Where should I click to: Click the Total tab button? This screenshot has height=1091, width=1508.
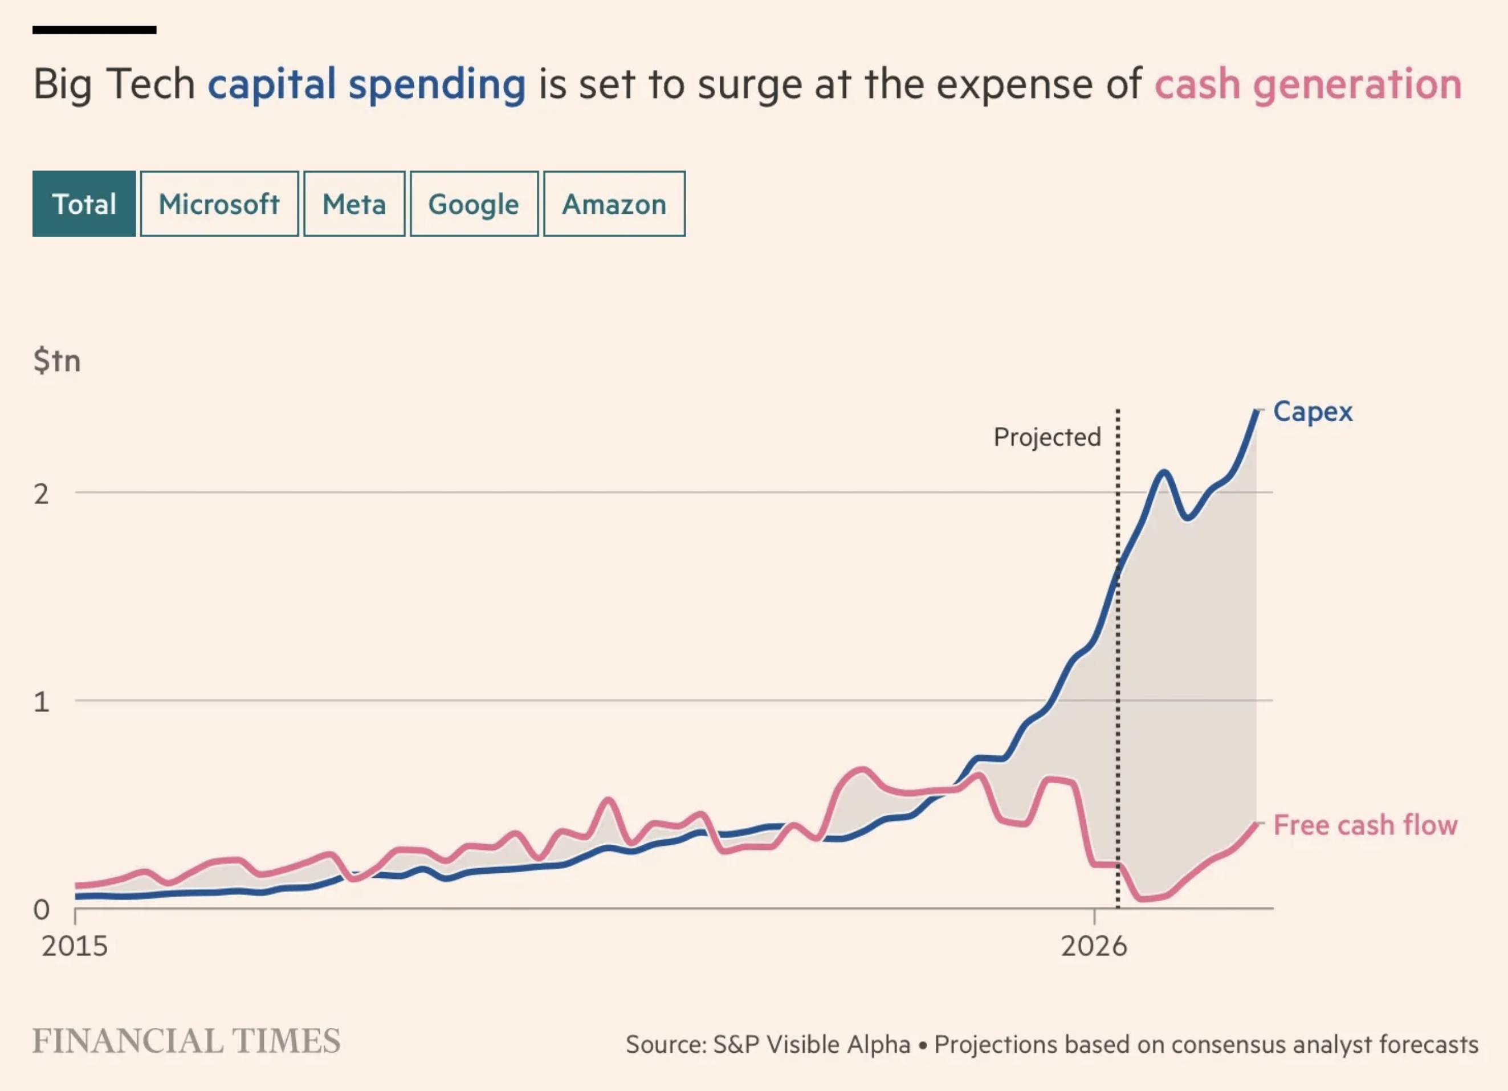click(84, 204)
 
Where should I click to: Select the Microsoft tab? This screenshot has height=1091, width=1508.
click(219, 204)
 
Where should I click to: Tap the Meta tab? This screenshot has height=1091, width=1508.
click(354, 204)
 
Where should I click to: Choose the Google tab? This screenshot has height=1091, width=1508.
click(474, 204)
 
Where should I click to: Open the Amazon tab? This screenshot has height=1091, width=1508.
click(614, 204)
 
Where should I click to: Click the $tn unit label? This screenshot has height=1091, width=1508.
click(57, 361)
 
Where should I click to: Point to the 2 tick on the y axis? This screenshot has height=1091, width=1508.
click(41, 494)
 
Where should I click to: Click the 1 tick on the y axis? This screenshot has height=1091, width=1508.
click(41, 702)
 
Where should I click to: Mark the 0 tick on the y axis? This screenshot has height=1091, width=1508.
click(41, 910)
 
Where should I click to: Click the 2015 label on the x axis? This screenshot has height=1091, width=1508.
click(75, 946)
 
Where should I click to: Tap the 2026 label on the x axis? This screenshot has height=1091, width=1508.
click(1094, 946)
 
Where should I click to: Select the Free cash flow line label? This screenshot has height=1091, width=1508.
click(1365, 825)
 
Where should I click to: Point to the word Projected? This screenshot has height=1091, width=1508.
click(1048, 437)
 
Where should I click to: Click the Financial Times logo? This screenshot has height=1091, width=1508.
click(186, 1041)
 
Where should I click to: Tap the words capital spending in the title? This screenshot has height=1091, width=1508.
click(366, 85)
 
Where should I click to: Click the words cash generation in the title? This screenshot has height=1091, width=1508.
click(1308, 85)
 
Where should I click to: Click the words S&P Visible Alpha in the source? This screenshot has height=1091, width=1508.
click(812, 1044)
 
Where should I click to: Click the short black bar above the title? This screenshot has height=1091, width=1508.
click(95, 30)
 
